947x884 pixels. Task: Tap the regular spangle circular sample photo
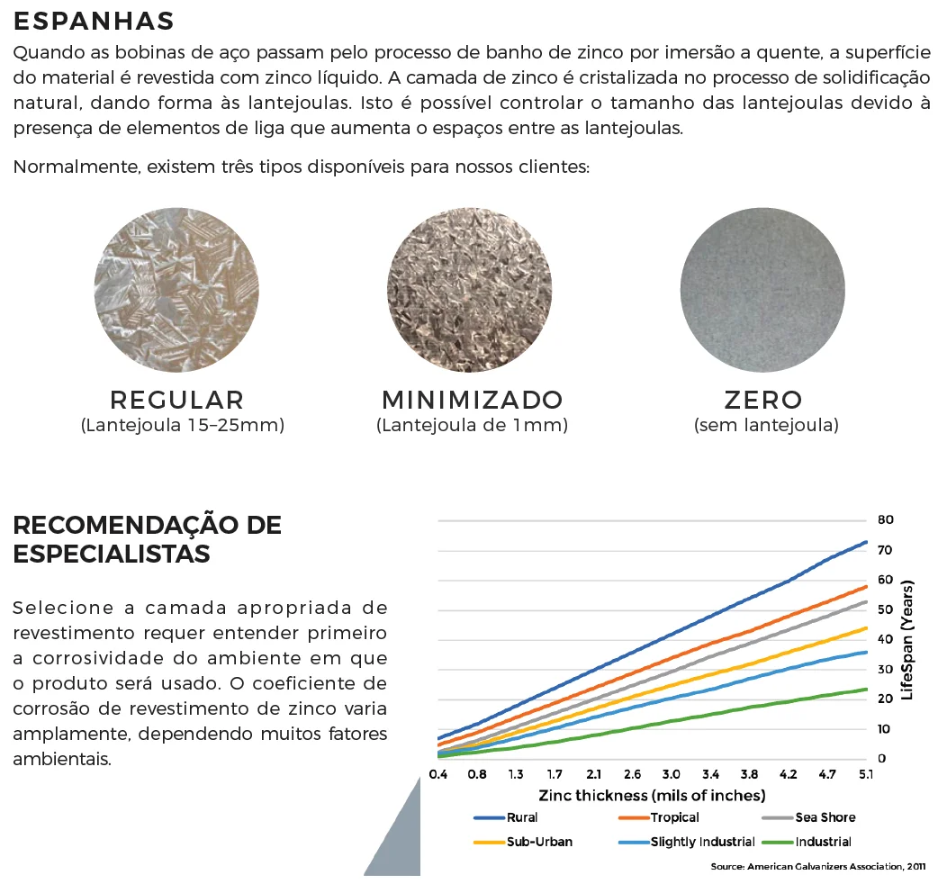(176, 289)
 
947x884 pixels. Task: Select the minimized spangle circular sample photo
(470, 289)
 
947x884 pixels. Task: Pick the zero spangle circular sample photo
(763, 289)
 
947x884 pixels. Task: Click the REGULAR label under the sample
(177, 400)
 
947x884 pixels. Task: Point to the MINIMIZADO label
(473, 400)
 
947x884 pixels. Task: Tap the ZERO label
(763, 400)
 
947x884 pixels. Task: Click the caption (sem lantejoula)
(766, 426)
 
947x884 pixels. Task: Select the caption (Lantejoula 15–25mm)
(183, 426)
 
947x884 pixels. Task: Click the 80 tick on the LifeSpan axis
(884, 520)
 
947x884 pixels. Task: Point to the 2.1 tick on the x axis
(593, 774)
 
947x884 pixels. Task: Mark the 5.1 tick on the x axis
(865, 774)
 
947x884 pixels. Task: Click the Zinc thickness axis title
(652, 796)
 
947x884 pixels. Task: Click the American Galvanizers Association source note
(817, 866)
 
